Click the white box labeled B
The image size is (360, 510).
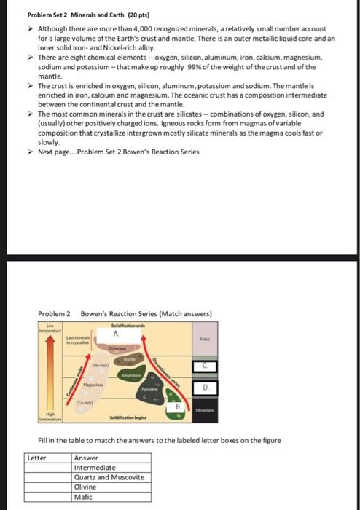tap(175, 407)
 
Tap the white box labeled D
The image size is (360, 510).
tap(205, 387)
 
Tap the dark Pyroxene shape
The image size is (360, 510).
tap(153, 391)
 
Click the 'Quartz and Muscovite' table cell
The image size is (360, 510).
tap(109, 477)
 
